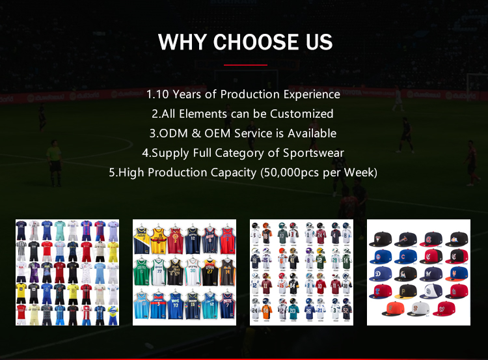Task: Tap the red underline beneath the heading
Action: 245,65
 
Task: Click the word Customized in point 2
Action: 302,114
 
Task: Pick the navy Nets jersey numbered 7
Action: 227,307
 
